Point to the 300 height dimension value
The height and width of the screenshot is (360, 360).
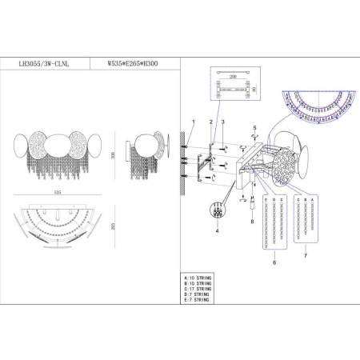pos(114,156)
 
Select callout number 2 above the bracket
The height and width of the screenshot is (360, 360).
pos(210,122)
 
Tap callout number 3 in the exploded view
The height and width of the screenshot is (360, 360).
pos(223,122)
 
